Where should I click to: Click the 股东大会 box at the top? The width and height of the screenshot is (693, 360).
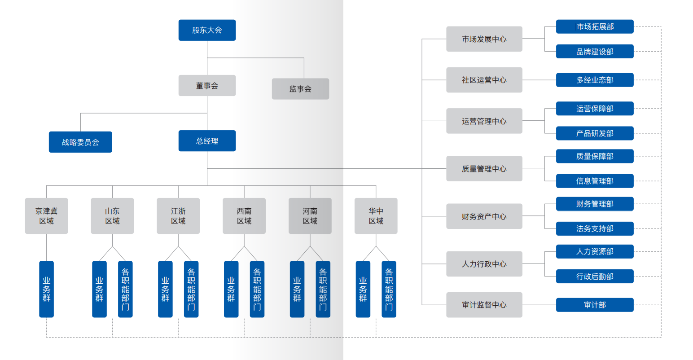tap(207, 30)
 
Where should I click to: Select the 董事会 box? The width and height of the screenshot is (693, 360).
tap(207, 85)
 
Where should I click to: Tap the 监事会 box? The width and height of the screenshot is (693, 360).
tap(300, 89)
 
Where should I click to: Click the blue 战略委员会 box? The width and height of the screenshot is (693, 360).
tap(80, 142)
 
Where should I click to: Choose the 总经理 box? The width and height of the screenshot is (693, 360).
tap(207, 141)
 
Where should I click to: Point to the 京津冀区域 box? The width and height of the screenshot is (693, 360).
tap(46, 216)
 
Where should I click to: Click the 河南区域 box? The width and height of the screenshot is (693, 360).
tap(310, 216)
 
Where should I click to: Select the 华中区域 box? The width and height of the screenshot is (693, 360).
tap(376, 216)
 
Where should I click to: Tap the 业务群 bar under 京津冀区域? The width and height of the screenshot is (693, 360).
tap(46, 289)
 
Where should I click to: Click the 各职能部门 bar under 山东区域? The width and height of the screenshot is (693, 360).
tap(125, 289)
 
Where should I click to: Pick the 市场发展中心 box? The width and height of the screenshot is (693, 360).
tap(484, 39)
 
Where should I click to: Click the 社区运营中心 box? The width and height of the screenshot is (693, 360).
tap(484, 80)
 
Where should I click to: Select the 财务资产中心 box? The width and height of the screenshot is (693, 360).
tap(484, 216)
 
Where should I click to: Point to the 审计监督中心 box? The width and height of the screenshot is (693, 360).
tap(484, 305)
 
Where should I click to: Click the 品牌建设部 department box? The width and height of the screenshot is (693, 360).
tap(595, 52)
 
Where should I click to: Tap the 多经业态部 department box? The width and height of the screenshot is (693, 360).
tap(595, 80)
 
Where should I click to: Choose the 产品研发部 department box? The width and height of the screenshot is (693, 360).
tap(595, 133)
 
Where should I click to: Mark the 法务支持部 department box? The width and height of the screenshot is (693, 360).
tap(595, 228)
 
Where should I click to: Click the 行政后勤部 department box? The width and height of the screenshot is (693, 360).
tap(595, 277)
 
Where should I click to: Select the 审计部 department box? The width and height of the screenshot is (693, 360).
tap(595, 305)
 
